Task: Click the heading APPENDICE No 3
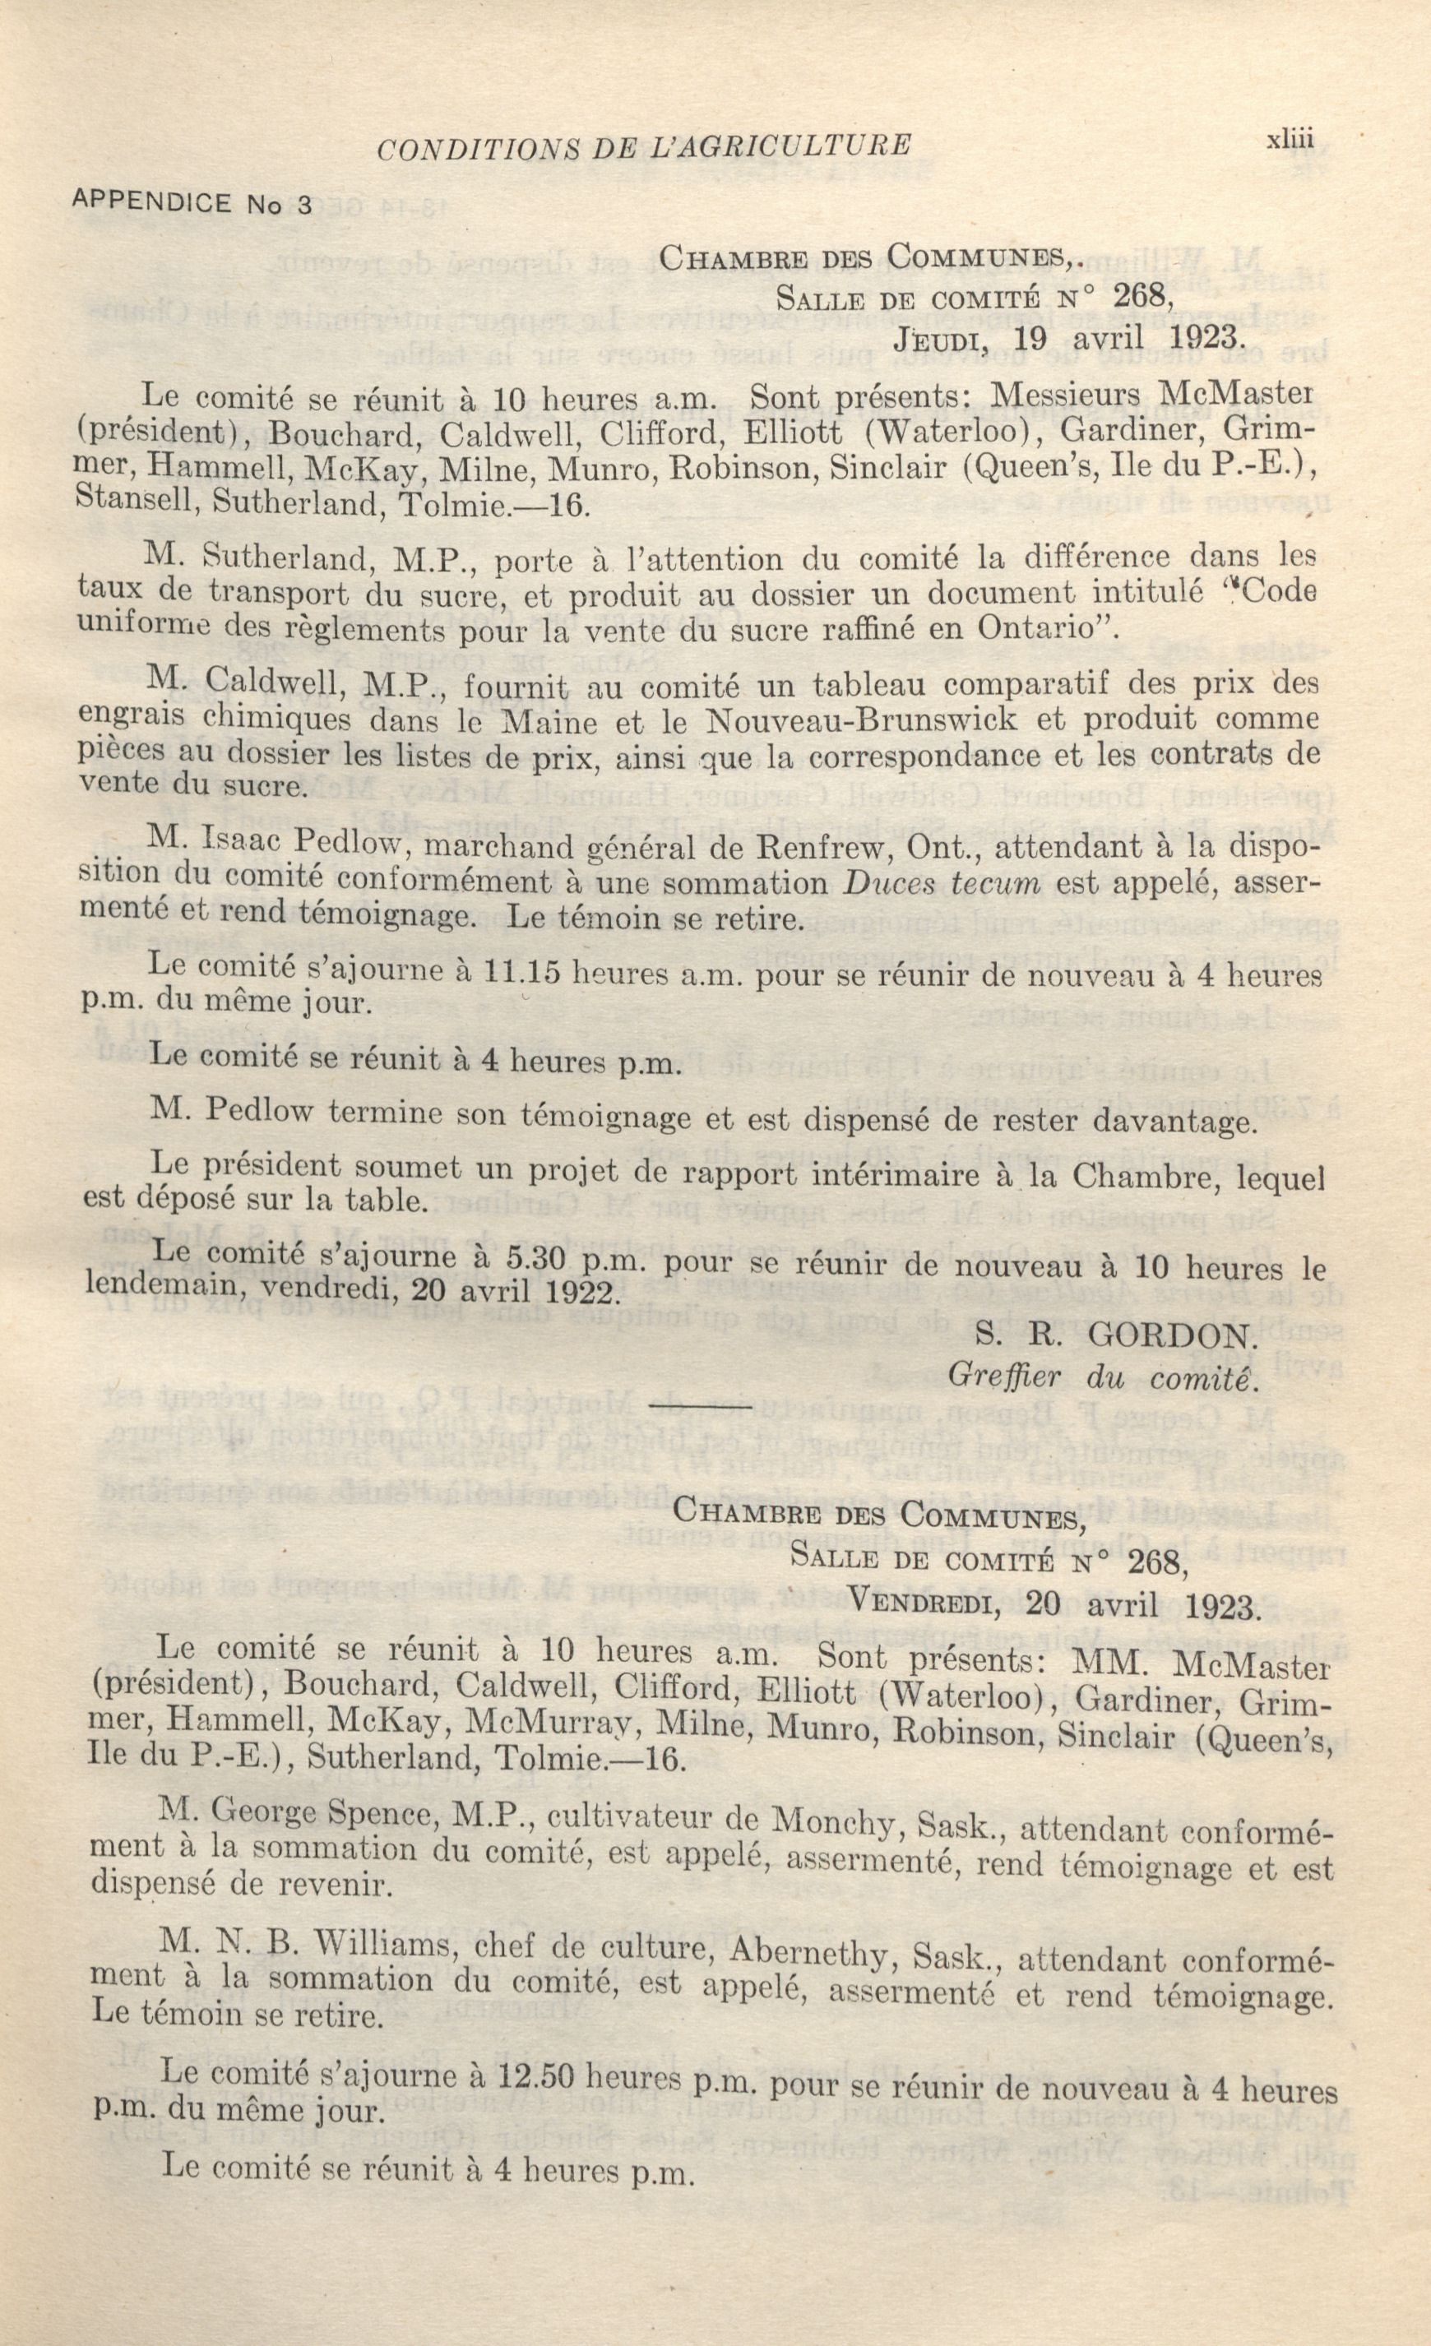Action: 192,204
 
